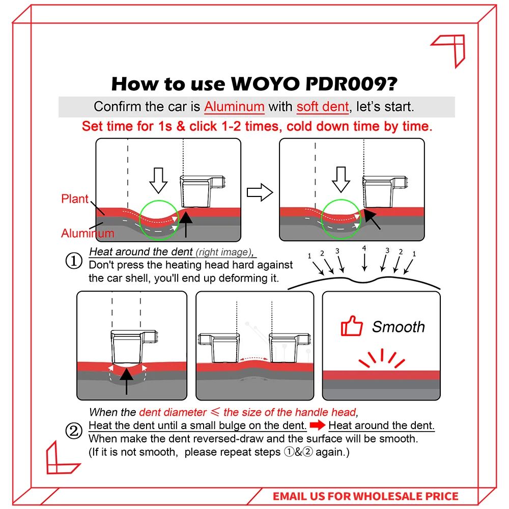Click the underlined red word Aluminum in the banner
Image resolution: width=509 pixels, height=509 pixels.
click(234, 107)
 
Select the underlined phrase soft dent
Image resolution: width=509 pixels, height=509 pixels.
click(323, 107)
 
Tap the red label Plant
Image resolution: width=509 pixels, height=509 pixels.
click(75, 199)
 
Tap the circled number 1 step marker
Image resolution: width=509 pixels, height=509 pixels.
click(74, 262)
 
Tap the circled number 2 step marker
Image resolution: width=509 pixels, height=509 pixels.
click(74, 432)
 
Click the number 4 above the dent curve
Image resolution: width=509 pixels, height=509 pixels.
click(363, 248)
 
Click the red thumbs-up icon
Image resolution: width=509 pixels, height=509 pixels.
click(352, 326)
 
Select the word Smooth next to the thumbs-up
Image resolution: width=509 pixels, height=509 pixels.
click(398, 327)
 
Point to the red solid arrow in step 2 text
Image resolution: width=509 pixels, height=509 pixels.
click(318, 426)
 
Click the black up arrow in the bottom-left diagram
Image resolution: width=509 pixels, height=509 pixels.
click(126, 380)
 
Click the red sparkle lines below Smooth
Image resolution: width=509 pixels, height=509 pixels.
click(381, 357)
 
